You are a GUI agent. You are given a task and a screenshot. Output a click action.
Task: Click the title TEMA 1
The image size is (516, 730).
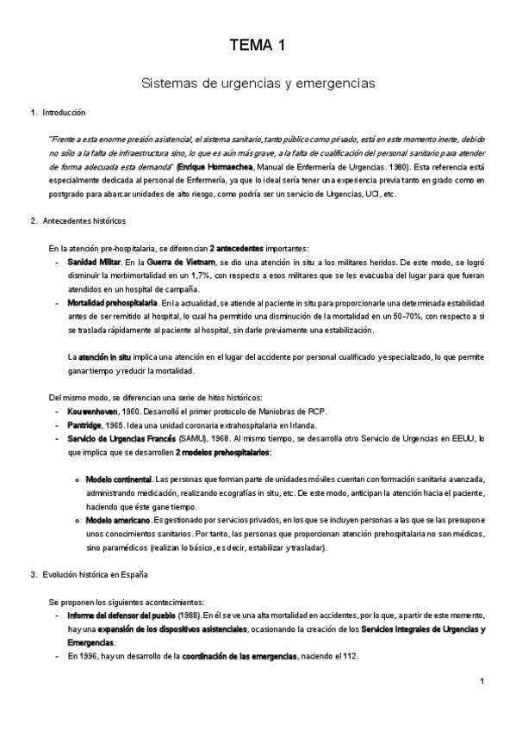(258, 47)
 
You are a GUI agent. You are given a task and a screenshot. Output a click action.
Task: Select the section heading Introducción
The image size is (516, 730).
(64, 113)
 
